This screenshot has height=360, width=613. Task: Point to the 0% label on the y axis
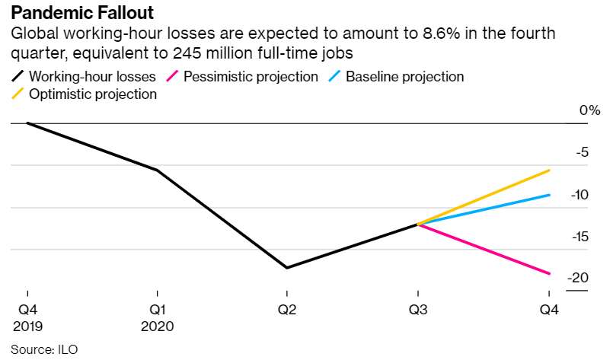coord(589,110)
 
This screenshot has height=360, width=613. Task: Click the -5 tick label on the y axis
coord(582,152)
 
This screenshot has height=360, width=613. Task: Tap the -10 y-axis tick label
coord(579,195)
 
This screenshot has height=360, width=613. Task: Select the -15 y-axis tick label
coord(579,237)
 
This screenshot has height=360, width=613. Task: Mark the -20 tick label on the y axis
coord(579,279)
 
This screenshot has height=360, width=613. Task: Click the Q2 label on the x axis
coord(286,311)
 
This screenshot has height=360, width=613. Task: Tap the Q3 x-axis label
coord(417,311)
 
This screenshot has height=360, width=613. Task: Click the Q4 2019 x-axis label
coord(27,318)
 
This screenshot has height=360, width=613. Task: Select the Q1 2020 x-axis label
coord(157,318)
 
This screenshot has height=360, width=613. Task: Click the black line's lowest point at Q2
coord(286,268)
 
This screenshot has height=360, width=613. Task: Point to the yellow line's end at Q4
coord(549,170)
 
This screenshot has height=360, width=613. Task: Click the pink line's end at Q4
coord(549,273)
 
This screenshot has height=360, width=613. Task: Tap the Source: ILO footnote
coord(44,349)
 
